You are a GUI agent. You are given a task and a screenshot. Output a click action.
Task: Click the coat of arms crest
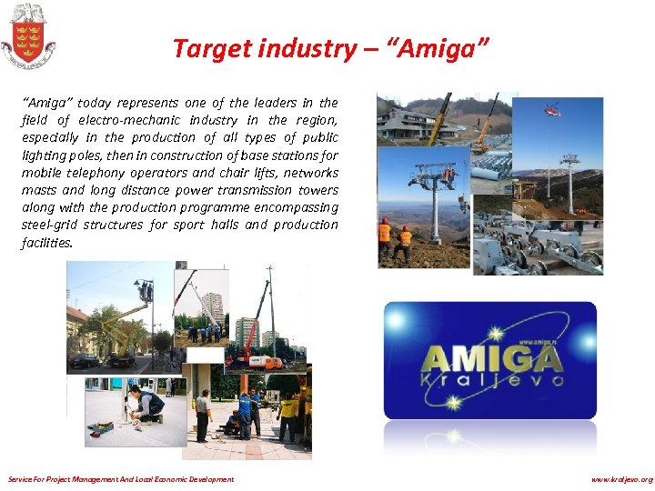tap(27, 35)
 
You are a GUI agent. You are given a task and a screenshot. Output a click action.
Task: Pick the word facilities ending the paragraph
tap(46, 243)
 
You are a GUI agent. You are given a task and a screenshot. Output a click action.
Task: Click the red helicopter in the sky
tap(552, 110)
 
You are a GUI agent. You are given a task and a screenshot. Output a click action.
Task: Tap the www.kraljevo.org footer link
tap(621, 479)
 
